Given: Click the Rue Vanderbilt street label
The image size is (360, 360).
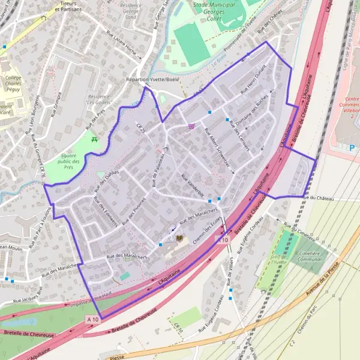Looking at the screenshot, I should [x=192, y=185].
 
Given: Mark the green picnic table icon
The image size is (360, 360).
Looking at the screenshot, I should [x=95, y=140].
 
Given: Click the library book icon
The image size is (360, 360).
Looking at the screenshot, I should [x=178, y=239].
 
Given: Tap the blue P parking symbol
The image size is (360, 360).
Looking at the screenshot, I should [x=352, y=146].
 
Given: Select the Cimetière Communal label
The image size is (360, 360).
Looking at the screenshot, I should [x=310, y=257].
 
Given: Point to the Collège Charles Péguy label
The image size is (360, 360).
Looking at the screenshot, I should [x=13, y=82].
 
